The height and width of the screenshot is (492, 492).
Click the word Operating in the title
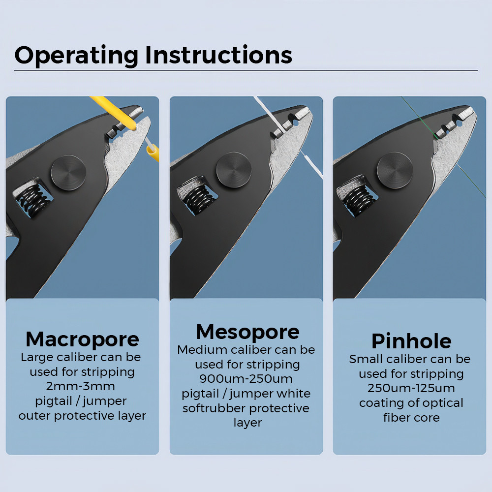pyautogui.click(x=76, y=56)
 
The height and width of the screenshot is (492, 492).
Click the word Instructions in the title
pyautogui.click(x=219, y=55)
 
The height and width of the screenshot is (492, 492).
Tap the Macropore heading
pyautogui.click(x=82, y=340)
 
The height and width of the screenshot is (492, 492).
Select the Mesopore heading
pyautogui.click(x=247, y=332)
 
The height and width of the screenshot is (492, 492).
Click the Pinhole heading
pyautogui.click(x=411, y=341)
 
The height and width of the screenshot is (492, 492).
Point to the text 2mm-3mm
pyautogui.click(x=80, y=386)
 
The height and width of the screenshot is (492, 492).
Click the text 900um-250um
pyautogui.click(x=246, y=379)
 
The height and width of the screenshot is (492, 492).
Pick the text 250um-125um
pyautogui.click(x=411, y=388)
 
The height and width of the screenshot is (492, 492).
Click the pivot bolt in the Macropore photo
pyautogui.click(x=68, y=173)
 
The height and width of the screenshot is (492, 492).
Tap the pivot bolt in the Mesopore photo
pyautogui.click(x=234, y=170)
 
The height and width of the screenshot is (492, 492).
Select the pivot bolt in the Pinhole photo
pyautogui.click(x=395, y=170)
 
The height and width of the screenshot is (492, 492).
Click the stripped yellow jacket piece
pyautogui.click(x=153, y=153)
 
